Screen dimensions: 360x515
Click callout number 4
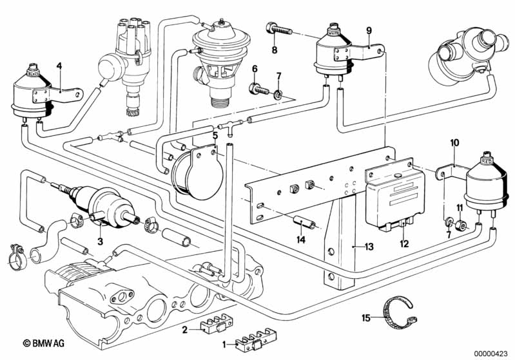point(59,66)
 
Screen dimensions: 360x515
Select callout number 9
point(369,30)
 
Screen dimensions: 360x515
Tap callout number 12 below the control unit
point(404,243)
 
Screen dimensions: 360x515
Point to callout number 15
point(366,317)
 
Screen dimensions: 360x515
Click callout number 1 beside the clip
point(224,345)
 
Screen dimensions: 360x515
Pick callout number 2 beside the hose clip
point(185,330)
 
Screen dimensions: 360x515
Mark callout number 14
point(300,239)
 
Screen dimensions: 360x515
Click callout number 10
point(454,142)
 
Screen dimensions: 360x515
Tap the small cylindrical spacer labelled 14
point(303,224)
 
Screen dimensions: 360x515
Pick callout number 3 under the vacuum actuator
point(99,242)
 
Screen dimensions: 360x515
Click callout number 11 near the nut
point(460,207)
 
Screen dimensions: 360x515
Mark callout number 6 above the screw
point(255,68)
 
